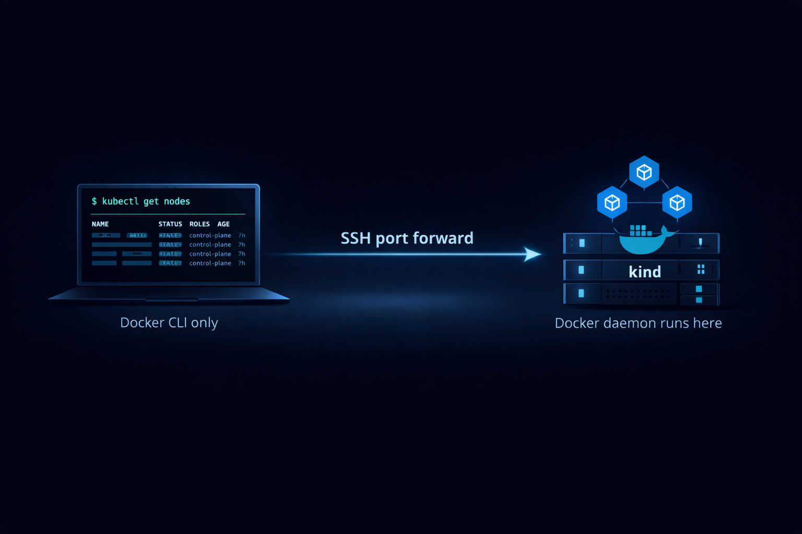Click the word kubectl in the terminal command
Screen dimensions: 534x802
pos(120,201)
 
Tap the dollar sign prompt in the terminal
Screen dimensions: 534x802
pos(94,201)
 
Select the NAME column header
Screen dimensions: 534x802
pos(100,224)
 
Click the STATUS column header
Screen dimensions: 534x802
pos(170,224)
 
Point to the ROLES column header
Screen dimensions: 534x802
pos(199,224)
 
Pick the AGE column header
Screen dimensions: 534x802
pos(223,224)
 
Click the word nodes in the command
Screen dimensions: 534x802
pos(177,201)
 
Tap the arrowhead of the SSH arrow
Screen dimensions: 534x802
pos(533,254)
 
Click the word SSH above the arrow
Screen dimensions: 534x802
pos(356,238)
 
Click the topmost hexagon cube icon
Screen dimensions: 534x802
pos(644,172)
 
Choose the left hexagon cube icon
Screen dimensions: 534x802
pos(612,202)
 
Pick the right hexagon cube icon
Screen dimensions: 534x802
pos(677,202)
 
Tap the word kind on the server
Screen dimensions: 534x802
pos(645,272)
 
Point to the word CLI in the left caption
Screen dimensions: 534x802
pos(178,323)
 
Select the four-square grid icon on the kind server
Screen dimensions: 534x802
pos(701,269)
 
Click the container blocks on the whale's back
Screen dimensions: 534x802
pos(640,230)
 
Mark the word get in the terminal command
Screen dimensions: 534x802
pos(151,201)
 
